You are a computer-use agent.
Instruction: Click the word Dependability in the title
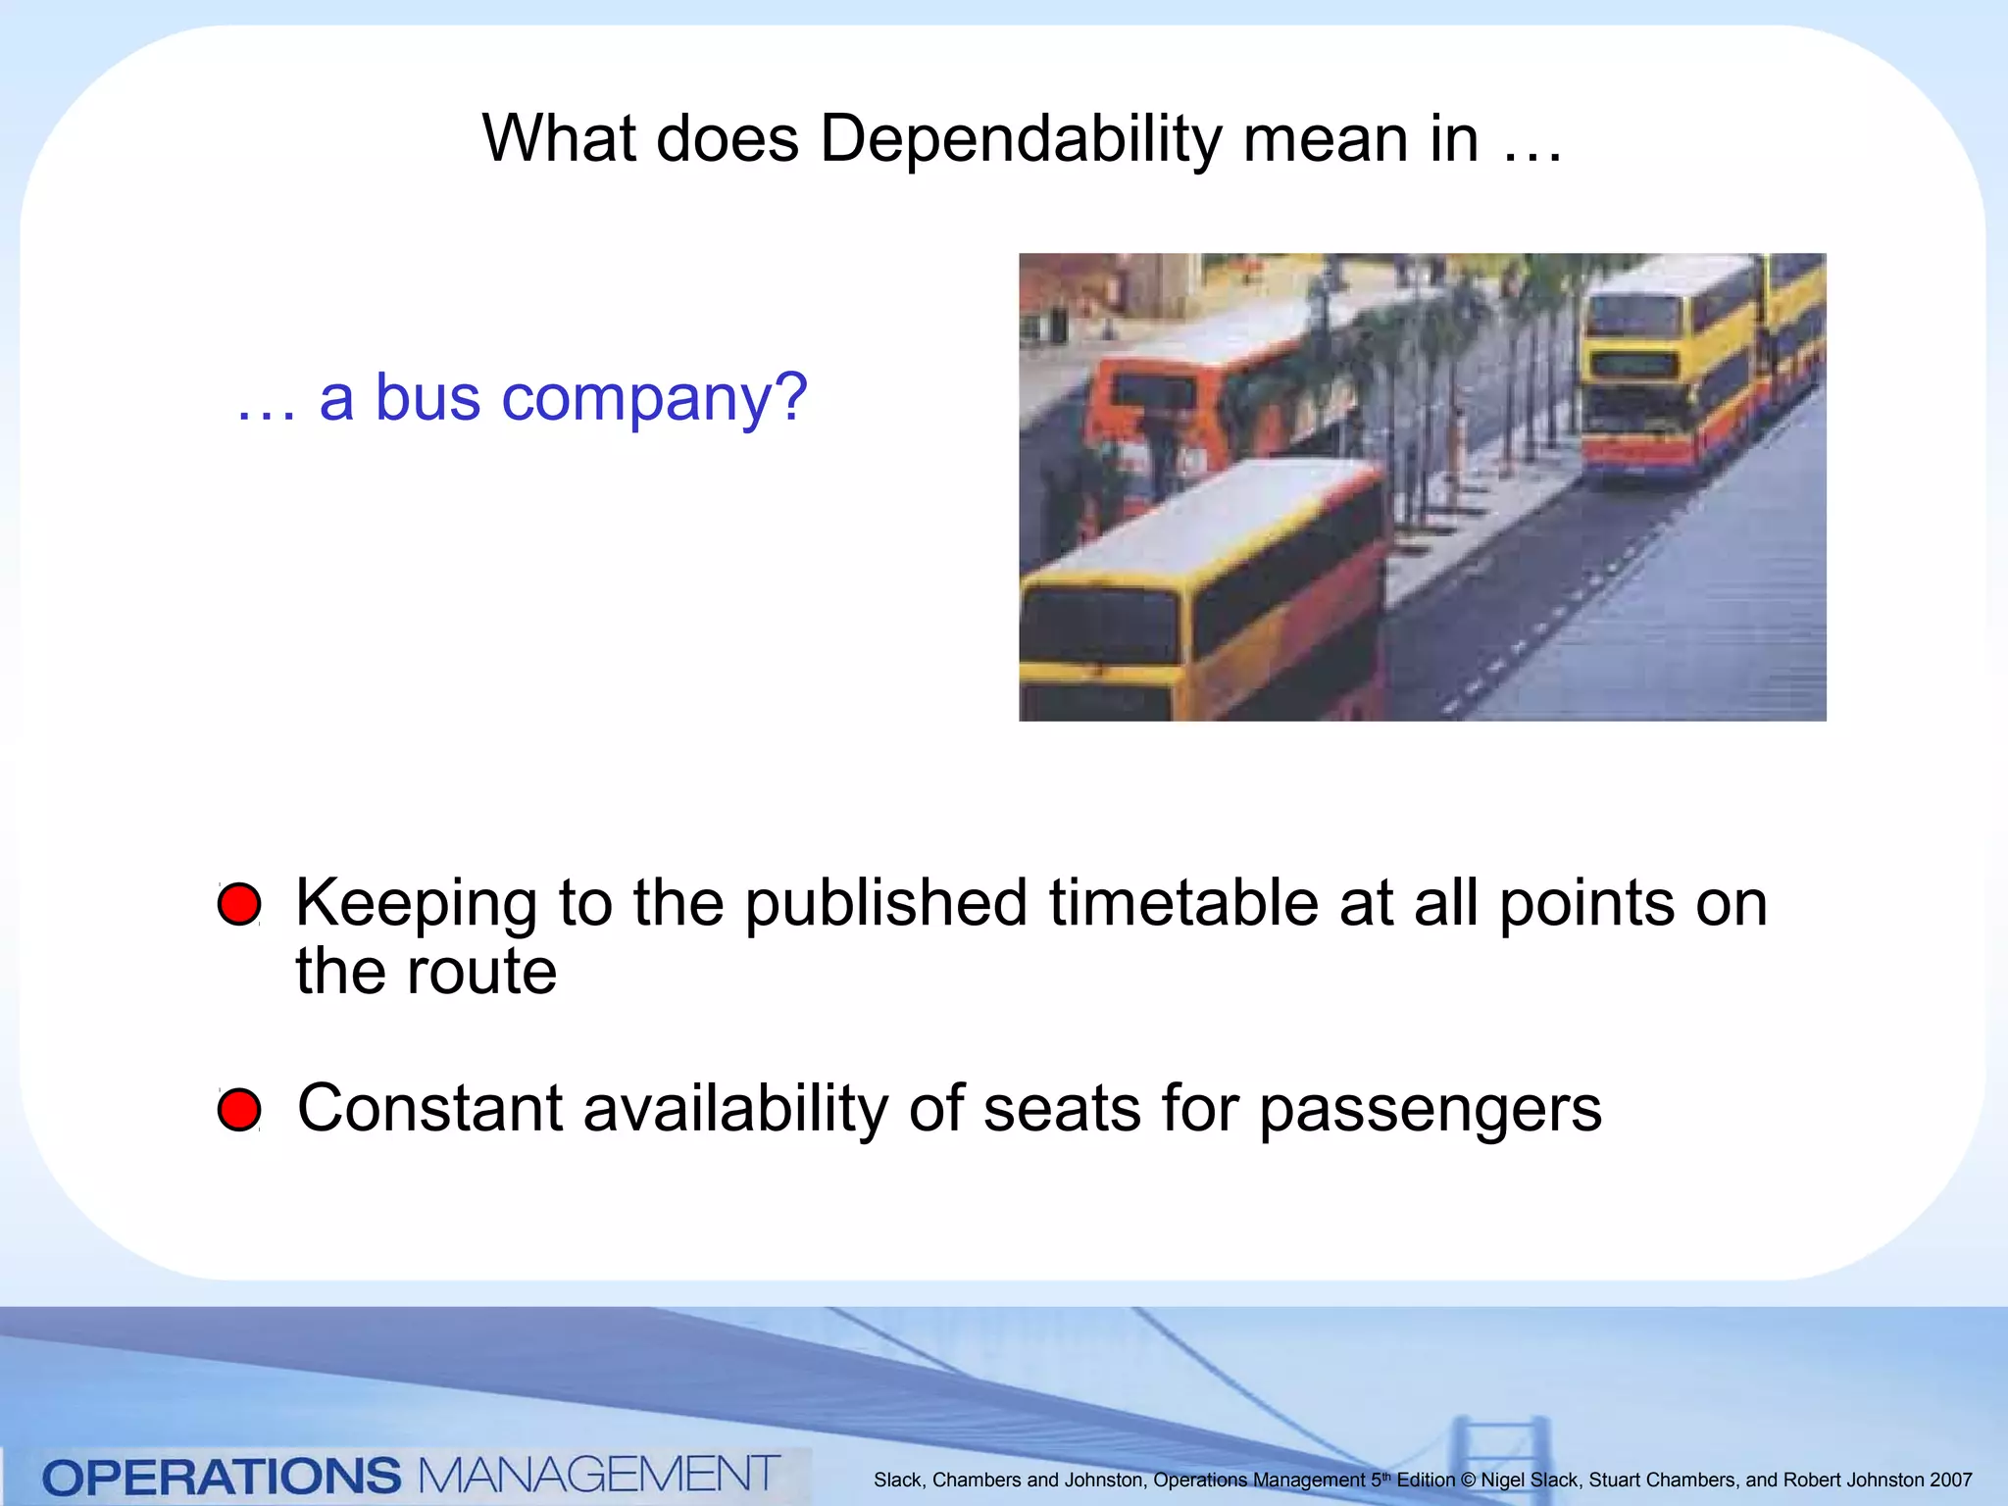click(1020, 139)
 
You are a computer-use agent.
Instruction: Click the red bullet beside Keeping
click(239, 904)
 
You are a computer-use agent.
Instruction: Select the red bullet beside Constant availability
click(239, 1110)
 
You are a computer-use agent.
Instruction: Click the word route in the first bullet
click(481, 972)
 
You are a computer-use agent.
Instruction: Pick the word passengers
click(1431, 1110)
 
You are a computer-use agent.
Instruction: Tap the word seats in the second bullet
click(1062, 1108)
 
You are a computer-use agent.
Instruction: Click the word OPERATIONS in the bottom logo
click(222, 1477)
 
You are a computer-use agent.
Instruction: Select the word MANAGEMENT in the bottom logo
click(598, 1475)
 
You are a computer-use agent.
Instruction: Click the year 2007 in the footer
click(1950, 1481)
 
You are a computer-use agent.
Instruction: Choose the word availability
click(735, 1108)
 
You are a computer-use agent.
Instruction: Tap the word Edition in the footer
click(1426, 1481)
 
